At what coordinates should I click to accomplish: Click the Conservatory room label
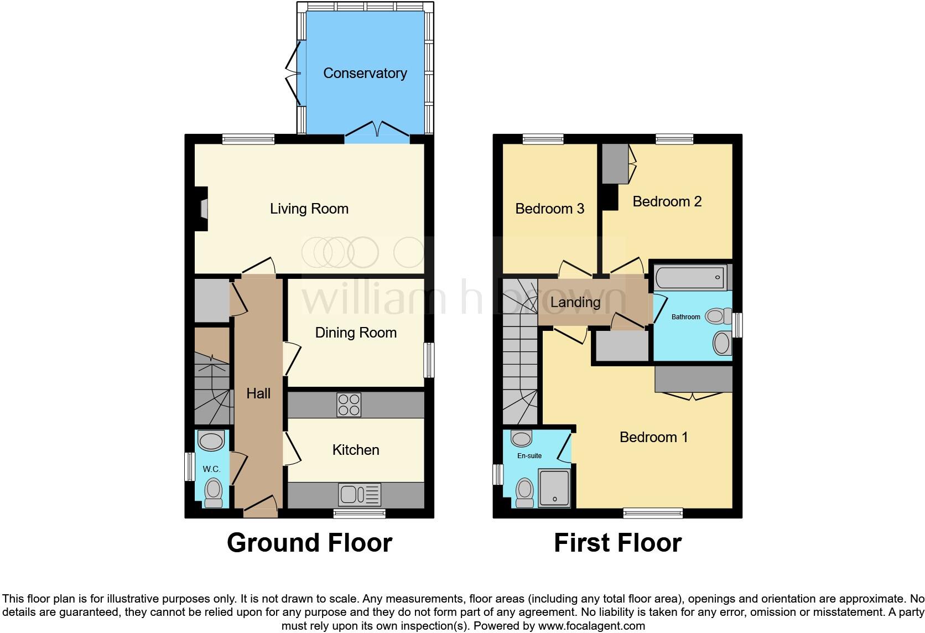[365, 73]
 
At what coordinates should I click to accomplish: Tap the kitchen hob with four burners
[349, 404]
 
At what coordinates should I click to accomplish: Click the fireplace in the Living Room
[203, 209]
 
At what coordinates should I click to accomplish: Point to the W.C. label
[211, 469]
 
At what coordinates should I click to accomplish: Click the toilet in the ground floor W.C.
[213, 492]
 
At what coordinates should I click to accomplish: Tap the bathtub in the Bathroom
[690, 277]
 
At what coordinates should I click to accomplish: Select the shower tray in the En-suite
[554, 489]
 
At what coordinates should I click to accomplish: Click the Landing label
[575, 302]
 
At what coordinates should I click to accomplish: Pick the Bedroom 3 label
[549, 209]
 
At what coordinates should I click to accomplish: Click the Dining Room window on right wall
[429, 360]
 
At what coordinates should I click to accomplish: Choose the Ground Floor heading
[309, 543]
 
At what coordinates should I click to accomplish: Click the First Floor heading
[617, 543]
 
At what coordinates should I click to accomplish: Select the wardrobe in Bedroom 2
[615, 164]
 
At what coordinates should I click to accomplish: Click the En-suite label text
[529, 455]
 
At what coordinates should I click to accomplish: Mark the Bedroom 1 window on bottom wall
[653, 513]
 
